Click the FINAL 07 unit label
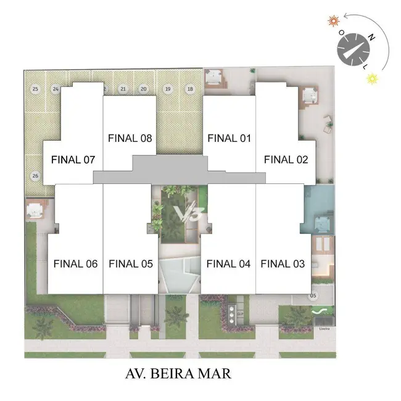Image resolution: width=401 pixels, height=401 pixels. (73, 160)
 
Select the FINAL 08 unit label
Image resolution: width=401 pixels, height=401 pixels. (130, 138)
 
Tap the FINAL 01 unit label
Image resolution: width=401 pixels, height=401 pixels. (228, 138)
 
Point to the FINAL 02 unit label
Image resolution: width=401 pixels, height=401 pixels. (286, 160)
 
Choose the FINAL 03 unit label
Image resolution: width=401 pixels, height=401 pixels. (283, 264)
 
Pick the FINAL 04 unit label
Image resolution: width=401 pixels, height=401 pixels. (228, 264)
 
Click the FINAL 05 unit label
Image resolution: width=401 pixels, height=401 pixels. (130, 264)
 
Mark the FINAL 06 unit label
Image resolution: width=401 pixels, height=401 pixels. (76, 264)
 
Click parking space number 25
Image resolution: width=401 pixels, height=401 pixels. (35, 89)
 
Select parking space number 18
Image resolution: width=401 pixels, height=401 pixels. (190, 89)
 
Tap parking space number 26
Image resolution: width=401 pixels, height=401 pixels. (35, 176)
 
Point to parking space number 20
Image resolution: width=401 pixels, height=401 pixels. (144, 89)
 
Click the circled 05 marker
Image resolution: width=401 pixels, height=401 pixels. (313, 296)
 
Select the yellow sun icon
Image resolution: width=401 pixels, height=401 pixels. (371, 78)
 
